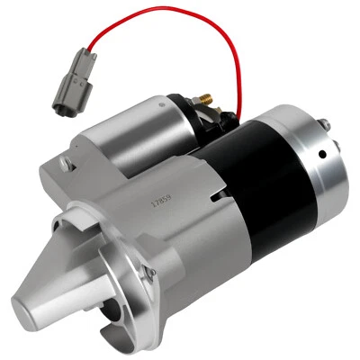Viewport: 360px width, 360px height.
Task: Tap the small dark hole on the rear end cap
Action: pos(320,154)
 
